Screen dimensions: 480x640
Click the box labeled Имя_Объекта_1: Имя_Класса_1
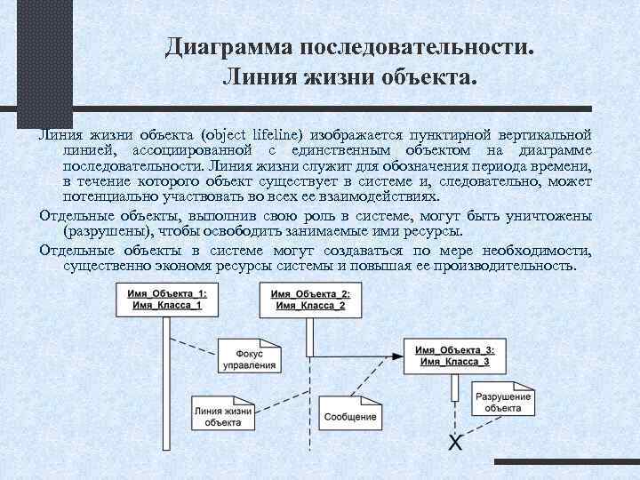tap(165, 300)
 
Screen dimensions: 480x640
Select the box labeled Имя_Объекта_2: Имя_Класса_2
tap(310, 300)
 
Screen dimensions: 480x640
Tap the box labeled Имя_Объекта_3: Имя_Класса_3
tap(454, 355)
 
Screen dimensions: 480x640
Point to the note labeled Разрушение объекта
tap(504, 402)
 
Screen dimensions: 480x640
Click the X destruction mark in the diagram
tap(455, 442)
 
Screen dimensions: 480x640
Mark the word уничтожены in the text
tap(548, 215)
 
